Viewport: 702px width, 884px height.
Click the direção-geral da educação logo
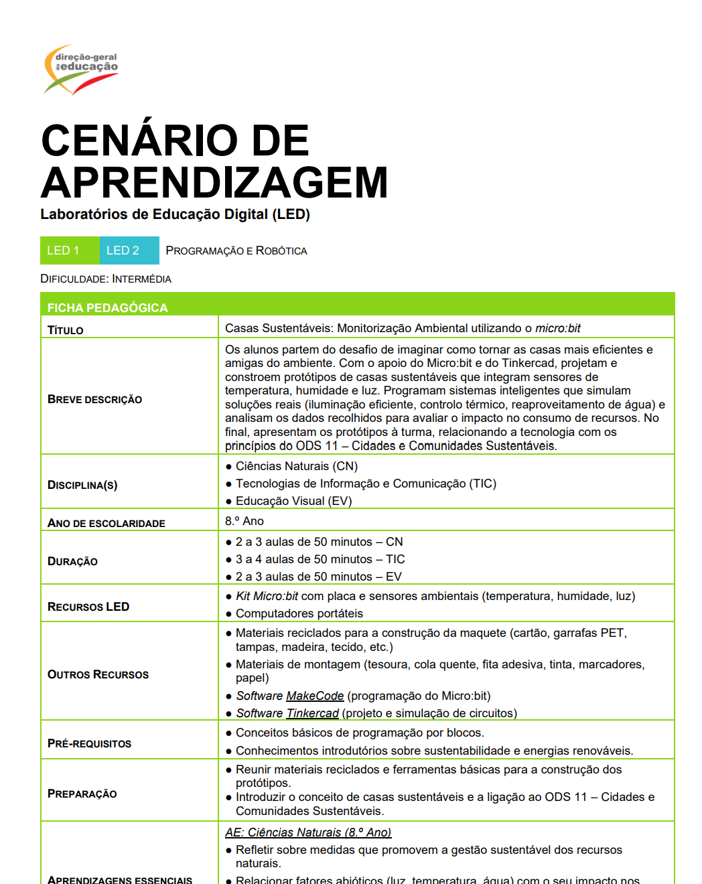81,68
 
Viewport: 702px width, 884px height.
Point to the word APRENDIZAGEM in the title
214,183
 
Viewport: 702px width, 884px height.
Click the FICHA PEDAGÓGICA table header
107,308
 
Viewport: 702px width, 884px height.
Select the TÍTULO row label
66,330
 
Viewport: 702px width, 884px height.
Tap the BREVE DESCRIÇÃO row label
94,400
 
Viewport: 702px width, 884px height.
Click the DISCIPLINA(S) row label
82,485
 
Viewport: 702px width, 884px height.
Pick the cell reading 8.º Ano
244,521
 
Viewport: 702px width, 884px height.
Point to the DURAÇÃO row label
72,561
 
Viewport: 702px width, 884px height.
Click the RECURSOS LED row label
88,607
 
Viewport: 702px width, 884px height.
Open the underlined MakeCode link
315,696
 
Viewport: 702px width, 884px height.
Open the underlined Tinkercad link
312,713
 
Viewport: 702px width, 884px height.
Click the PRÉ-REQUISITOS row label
89,743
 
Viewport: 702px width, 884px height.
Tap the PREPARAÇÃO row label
82,794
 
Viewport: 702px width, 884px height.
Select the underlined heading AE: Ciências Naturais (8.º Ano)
308,832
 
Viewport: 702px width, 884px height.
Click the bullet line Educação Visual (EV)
293,501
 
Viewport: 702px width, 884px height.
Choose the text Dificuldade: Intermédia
106,279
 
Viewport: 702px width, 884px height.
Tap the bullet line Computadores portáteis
299,613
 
